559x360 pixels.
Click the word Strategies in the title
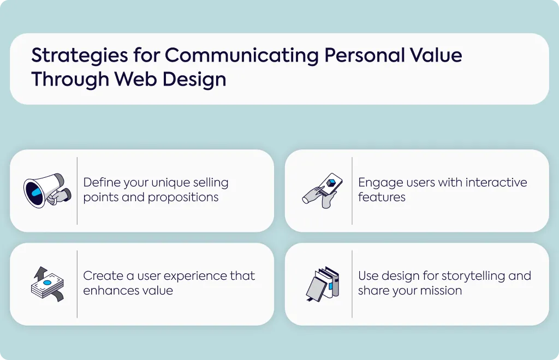[80, 56]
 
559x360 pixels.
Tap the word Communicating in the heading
[242, 56]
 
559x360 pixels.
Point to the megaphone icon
[47, 190]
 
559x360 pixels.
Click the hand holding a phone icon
[322, 190]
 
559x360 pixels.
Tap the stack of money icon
[47, 284]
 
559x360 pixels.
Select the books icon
[323, 284]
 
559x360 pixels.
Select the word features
[382, 197]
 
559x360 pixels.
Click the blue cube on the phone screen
[331, 183]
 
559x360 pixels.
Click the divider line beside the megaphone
[77, 191]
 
